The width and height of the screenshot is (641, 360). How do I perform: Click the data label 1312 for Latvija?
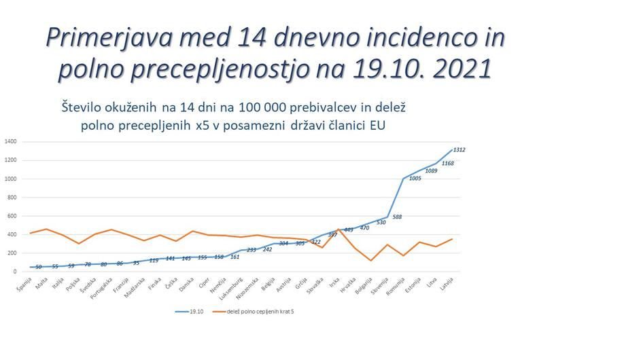click(x=459, y=149)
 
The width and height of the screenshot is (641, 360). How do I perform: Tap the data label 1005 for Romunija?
click(x=415, y=179)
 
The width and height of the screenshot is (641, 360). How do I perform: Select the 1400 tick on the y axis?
click(x=10, y=142)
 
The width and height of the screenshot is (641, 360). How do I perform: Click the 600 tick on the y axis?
click(x=12, y=216)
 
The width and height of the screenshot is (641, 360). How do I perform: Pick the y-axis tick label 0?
click(x=15, y=272)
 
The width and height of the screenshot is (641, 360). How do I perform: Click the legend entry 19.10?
click(x=191, y=312)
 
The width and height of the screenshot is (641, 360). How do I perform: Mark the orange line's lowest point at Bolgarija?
click(x=371, y=260)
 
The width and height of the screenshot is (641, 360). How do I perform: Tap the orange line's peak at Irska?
click(x=339, y=230)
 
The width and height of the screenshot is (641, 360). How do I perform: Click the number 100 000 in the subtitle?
click(x=243, y=107)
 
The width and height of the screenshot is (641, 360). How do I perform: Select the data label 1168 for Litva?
click(x=448, y=164)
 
